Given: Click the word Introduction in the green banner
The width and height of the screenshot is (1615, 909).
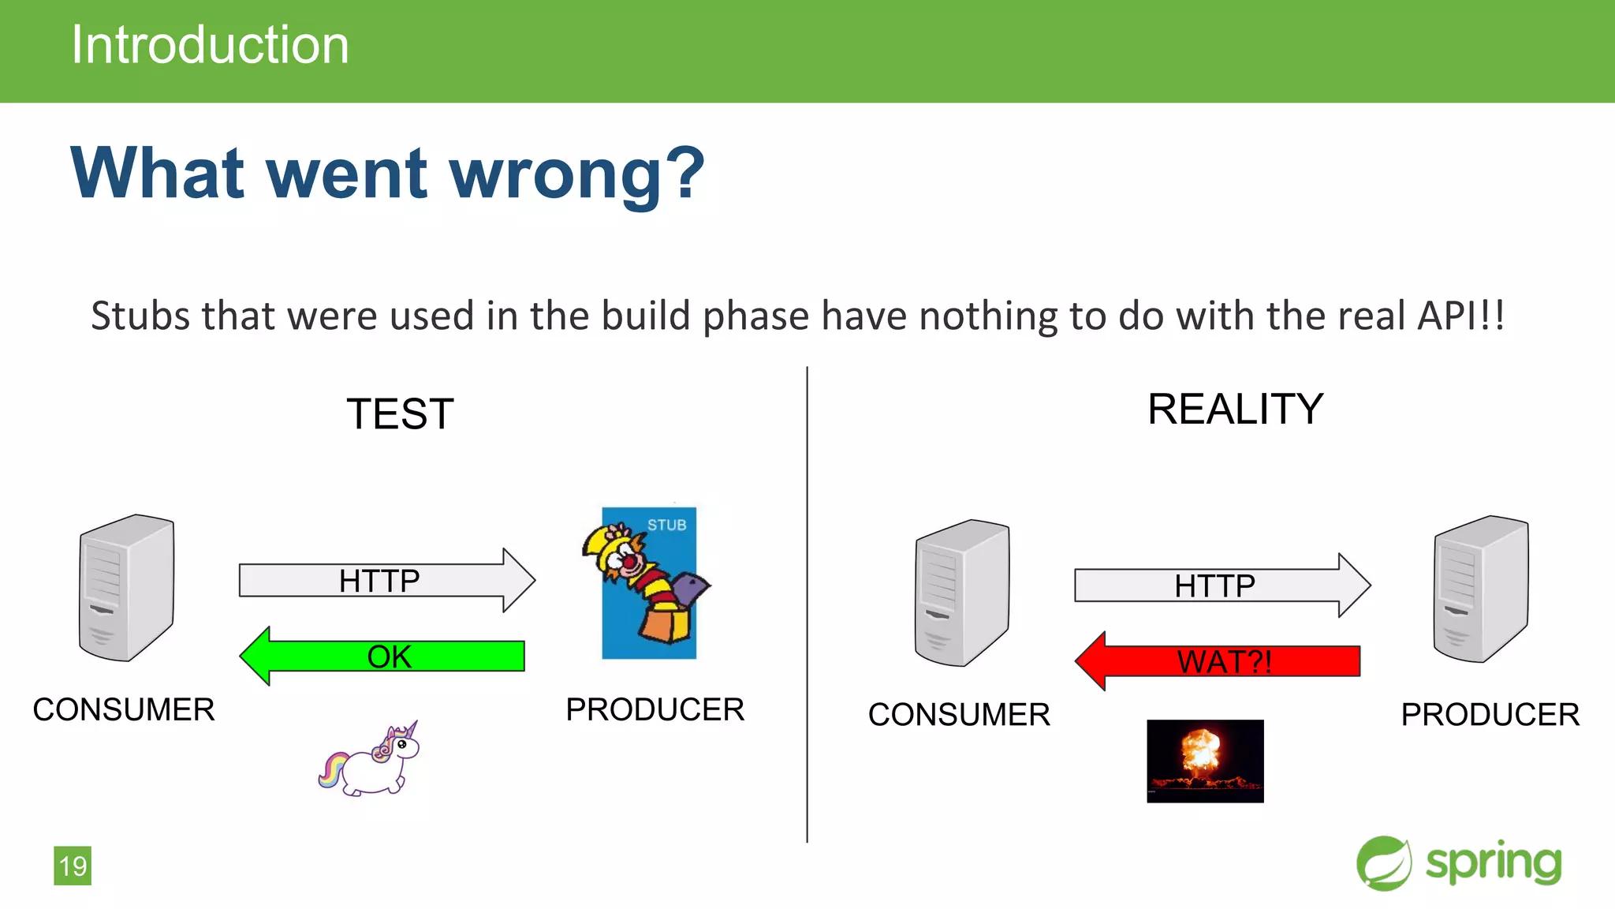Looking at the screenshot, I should (x=210, y=45).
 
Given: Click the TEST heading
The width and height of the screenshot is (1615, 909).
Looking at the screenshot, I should (x=400, y=414).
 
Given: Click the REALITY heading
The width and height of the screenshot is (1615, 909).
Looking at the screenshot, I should (x=1235, y=410).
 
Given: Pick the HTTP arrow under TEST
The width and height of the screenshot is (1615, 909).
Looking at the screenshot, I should (x=386, y=581).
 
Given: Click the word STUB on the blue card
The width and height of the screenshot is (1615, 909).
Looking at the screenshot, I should (x=666, y=525).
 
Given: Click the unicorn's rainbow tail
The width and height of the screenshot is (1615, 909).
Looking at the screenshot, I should (x=332, y=769).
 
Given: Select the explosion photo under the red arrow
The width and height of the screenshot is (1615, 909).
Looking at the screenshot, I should (x=1205, y=761).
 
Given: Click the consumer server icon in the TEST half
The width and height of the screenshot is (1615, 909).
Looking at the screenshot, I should (x=126, y=588).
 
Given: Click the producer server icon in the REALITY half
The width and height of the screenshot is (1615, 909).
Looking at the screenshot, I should (x=1480, y=589).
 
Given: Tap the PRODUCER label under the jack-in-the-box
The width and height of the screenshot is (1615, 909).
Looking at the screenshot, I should (x=655, y=709).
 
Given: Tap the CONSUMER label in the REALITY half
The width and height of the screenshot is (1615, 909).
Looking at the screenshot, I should (x=959, y=714).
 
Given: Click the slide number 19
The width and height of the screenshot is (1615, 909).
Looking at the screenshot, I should (x=73, y=866).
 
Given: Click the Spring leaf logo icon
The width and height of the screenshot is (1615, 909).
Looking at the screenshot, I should (x=1383, y=863).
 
